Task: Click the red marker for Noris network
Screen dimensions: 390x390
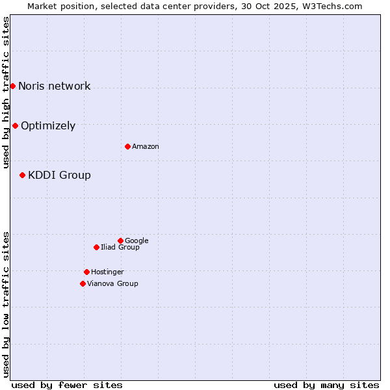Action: (12, 86)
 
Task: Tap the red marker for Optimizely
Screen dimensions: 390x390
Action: (15, 125)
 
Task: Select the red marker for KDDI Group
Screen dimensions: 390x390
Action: (22, 175)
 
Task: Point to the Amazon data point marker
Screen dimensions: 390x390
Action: (127, 146)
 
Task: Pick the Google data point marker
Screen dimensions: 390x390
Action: (120, 240)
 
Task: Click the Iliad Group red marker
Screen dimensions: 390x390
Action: (96, 247)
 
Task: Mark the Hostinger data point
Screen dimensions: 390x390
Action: (86, 272)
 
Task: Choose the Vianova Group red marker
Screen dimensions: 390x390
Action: (83, 283)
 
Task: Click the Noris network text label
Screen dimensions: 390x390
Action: (55, 86)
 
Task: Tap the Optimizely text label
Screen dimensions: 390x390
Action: (48, 126)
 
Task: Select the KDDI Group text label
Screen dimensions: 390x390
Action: (59, 175)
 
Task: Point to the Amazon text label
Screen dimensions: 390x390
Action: (146, 147)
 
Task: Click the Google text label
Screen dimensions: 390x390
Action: (136, 241)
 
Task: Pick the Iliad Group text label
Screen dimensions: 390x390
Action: (120, 248)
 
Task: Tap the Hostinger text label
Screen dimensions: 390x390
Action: (107, 272)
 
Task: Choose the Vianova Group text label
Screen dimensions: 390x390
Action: (112, 284)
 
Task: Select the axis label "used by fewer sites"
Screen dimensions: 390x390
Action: (67, 385)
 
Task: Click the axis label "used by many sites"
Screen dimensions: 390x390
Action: (326, 385)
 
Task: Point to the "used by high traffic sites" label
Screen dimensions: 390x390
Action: (6, 93)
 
